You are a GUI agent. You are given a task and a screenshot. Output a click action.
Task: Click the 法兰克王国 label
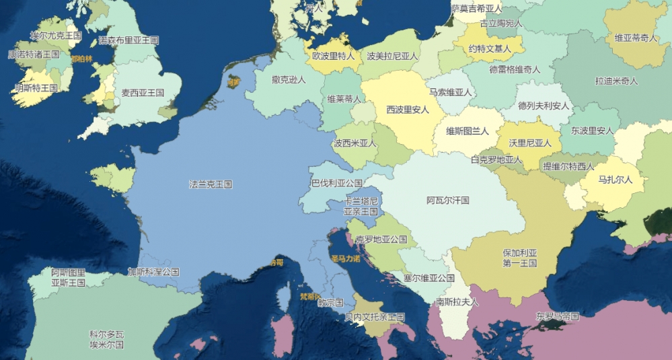[211, 184]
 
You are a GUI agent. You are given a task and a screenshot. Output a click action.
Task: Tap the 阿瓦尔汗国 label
[447, 201]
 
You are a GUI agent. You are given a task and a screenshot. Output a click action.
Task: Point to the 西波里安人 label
[407, 109]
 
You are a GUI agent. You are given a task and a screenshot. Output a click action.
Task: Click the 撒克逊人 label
[289, 79]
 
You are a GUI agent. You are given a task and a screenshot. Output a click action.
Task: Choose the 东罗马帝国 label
[557, 316]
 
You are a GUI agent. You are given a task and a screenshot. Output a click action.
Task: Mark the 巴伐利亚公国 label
[336, 183]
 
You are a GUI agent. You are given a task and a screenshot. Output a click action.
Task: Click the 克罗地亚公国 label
[381, 240]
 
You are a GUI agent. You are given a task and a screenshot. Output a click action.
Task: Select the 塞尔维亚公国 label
[429, 277]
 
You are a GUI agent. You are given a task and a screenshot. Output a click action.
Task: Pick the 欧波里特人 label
[333, 57]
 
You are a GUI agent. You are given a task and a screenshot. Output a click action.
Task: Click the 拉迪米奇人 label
[616, 81]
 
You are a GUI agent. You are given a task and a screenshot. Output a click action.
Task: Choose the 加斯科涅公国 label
[153, 272]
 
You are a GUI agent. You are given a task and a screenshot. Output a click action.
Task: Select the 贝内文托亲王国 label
[375, 316]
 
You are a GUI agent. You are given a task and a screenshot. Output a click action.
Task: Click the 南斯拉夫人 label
[457, 301]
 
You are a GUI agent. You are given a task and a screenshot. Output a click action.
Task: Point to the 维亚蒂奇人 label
[636, 38]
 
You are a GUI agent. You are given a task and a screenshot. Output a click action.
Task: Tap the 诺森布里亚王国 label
[128, 40]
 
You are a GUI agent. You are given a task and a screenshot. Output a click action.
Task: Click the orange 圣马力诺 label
[345, 258]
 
